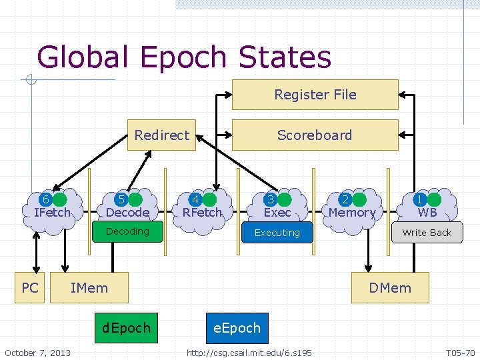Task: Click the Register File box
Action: (x=315, y=95)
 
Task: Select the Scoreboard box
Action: (x=315, y=135)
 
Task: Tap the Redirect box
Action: (x=162, y=135)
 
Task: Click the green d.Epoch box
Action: (x=126, y=328)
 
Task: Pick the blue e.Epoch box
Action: (x=237, y=328)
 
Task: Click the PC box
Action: (x=30, y=288)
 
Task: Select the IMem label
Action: (x=89, y=288)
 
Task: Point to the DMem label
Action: (x=390, y=288)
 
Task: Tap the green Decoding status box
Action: (x=127, y=231)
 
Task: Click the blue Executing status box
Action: (x=277, y=233)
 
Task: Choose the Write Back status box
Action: (x=427, y=233)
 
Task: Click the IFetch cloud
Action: (x=53, y=208)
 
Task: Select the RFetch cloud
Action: (x=202, y=208)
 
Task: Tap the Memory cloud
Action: (x=351, y=208)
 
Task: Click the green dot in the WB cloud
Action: (x=435, y=199)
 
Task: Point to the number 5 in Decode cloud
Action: (x=121, y=199)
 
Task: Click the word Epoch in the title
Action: (x=186, y=57)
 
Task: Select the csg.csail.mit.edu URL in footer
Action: (x=249, y=352)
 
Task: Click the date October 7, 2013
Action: (x=37, y=352)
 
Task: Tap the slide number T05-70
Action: (x=460, y=352)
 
